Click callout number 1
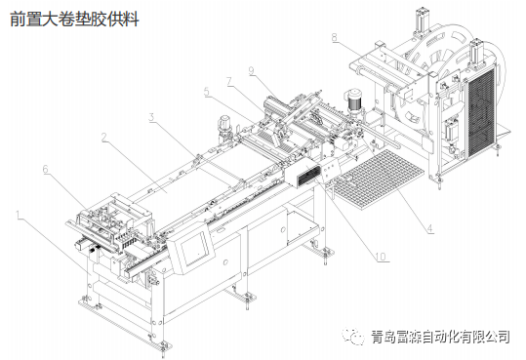point(17,212)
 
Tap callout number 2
point(103,138)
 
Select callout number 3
point(151,117)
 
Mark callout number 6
point(45,169)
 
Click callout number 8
point(334,38)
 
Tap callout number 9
point(251,70)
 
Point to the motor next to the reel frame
point(354,98)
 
